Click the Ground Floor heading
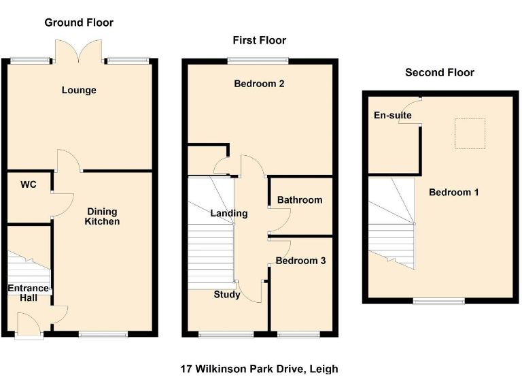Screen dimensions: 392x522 [79, 22]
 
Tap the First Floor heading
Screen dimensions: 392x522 [259, 40]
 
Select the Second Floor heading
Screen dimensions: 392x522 [439, 72]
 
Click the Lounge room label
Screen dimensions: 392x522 [79, 90]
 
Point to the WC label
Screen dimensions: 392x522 [28, 184]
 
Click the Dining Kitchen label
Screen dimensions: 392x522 [102, 216]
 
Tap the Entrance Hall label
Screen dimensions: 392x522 [28, 293]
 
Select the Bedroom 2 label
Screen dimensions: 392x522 [259, 84]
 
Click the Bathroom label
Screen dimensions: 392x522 [299, 199]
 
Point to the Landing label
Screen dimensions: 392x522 [228, 213]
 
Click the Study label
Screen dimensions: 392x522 [226, 295]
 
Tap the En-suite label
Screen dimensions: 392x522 [393, 115]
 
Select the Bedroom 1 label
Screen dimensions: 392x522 [453, 192]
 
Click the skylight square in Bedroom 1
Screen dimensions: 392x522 [470, 133]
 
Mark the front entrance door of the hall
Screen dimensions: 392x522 [29, 325]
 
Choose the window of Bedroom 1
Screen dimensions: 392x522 [439, 300]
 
